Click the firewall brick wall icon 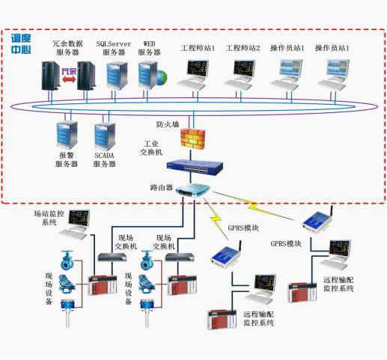pyautogui.click(x=193, y=138)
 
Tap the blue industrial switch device pyautogui.click(x=195, y=167)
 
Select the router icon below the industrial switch pyautogui.click(x=193, y=190)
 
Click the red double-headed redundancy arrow pyautogui.click(x=69, y=79)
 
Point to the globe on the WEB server pyautogui.click(x=161, y=77)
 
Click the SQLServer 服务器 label pyautogui.click(x=114, y=48)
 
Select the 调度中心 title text pyautogui.click(x=21, y=44)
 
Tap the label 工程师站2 pyautogui.click(x=243, y=48)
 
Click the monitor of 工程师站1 pyautogui.click(x=198, y=69)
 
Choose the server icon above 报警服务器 pyautogui.click(x=67, y=135)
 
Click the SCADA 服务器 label pyautogui.click(x=104, y=159)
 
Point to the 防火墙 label pyautogui.click(x=168, y=124)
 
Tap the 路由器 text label pyautogui.click(x=162, y=187)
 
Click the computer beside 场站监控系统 pyautogui.click(x=74, y=224)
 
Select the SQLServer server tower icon pyautogui.click(x=117, y=76)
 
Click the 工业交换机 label pyautogui.click(x=151, y=148)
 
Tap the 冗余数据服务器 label pyautogui.click(x=67, y=48)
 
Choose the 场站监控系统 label pyautogui.click(x=49, y=218)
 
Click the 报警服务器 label pyautogui.click(x=67, y=159)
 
